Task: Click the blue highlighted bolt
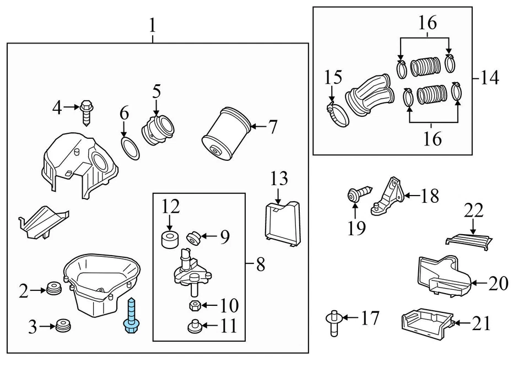pos(132,316)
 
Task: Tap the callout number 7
pos(273,127)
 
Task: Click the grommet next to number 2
pos(53,290)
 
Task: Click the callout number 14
pos(489,78)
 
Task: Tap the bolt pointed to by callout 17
pos(334,323)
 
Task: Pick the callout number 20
pos(499,283)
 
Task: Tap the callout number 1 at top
pos(152,25)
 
